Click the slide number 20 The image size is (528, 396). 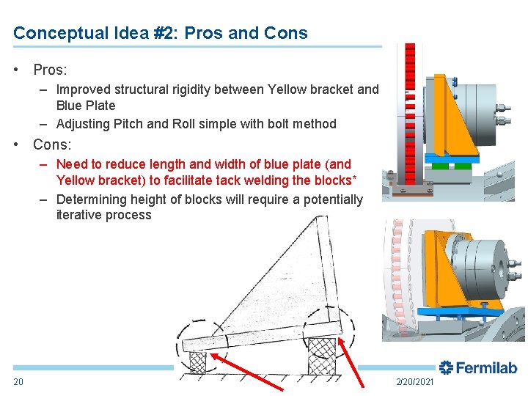(x=18, y=381)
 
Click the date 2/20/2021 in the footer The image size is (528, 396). (x=415, y=382)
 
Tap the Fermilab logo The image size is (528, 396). (x=477, y=367)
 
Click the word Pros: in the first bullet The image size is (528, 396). (x=50, y=70)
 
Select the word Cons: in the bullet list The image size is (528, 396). (x=52, y=144)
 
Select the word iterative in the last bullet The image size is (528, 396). (x=81, y=215)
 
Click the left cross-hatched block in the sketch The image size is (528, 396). (x=199, y=360)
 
